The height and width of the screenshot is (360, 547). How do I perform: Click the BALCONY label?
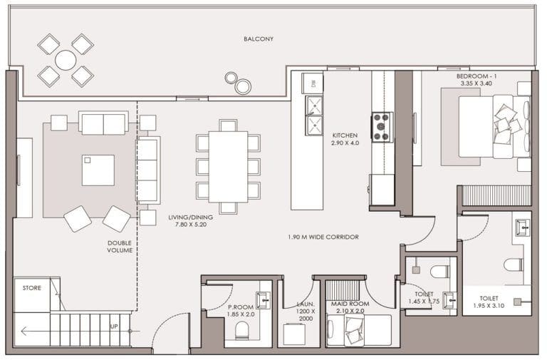pyautogui.click(x=257, y=38)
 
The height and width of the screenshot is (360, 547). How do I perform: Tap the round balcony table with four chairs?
pyautogui.click(x=66, y=60)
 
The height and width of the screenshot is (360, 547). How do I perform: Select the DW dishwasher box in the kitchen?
pyautogui.click(x=313, y=83)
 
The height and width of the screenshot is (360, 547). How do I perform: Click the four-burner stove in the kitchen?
pyautogui.click(x=381, y=127)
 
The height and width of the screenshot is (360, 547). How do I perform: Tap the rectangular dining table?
pyautogui.click(x=228, y=166)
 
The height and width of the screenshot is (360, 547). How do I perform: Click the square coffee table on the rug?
pyautogui.click(x=98, y=170)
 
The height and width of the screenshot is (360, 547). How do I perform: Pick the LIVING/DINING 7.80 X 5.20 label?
pyautogui.click(x=186, y=222)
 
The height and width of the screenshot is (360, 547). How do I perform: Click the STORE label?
pyautogui.click(x=31, y=288)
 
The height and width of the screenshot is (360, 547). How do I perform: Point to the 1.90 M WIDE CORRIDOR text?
pyautogui.click(x=323, y=237)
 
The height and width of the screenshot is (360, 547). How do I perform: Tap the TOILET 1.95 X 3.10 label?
pyautogui.click(x=489, y=303)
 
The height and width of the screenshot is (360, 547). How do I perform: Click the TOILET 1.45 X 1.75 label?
pyautogui.click(x=423, y=297)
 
